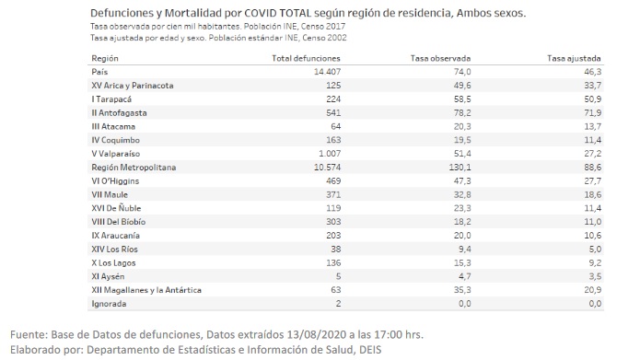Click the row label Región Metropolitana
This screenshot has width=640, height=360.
(134, 168)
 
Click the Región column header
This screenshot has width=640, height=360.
(106, 58)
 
